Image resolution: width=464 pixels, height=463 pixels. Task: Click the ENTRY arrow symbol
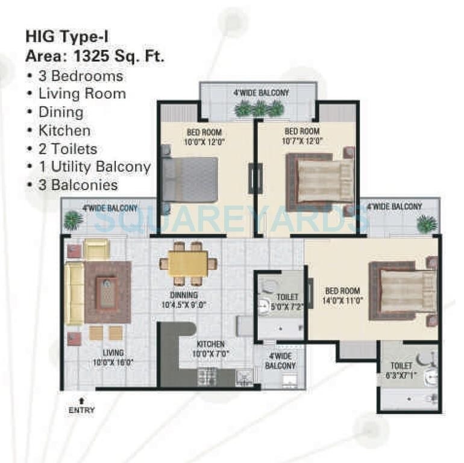point(81,400)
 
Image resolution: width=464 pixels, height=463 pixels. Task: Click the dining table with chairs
point(187,263)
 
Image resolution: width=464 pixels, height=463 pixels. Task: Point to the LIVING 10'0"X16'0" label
point(113,357)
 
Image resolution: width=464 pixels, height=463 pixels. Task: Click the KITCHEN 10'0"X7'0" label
point(210,348)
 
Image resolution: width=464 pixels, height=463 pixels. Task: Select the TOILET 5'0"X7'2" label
point(287,301)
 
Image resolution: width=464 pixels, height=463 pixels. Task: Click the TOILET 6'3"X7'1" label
point(401,370)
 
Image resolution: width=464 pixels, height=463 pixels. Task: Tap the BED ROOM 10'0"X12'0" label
point(204,136)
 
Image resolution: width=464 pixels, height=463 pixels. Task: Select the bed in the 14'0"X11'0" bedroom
point(404,291)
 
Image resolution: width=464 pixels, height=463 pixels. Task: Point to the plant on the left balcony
point(74,220)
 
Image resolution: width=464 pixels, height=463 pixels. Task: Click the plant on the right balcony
point(427,224)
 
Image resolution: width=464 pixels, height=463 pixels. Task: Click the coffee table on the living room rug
point(107,292)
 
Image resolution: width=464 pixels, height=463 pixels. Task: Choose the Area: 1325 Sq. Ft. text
point(95,57)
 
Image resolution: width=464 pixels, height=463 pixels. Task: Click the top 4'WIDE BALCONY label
point(261,93)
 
